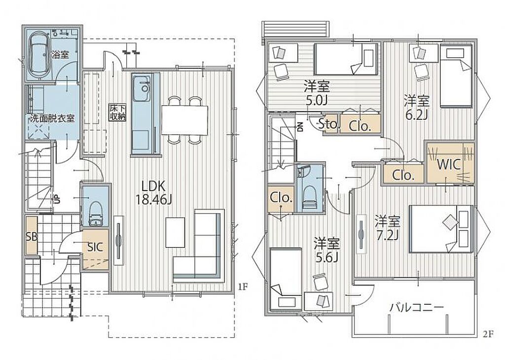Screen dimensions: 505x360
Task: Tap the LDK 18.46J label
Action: point(153,193)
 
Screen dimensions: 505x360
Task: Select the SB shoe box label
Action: point(32,237)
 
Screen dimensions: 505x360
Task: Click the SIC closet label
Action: point(95,247)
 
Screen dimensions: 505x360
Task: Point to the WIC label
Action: point(449,165)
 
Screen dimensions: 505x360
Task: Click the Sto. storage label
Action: point(329,124)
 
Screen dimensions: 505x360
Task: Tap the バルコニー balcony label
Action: point(417,307)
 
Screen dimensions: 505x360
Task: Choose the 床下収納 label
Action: point(117,112)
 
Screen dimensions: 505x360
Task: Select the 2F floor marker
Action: point(488,334)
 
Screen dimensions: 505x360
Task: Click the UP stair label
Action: point(57,199)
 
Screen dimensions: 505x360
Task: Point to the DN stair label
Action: point(300,128)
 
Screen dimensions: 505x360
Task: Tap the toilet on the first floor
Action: point(95,214)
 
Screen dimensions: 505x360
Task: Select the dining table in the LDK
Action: point(184,120)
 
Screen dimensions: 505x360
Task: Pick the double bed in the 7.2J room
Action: point(441,229)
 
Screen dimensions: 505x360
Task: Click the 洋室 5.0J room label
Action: point(317,93)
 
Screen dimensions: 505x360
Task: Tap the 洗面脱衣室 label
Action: point(52,118)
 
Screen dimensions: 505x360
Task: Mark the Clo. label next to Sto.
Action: point(360,126)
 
